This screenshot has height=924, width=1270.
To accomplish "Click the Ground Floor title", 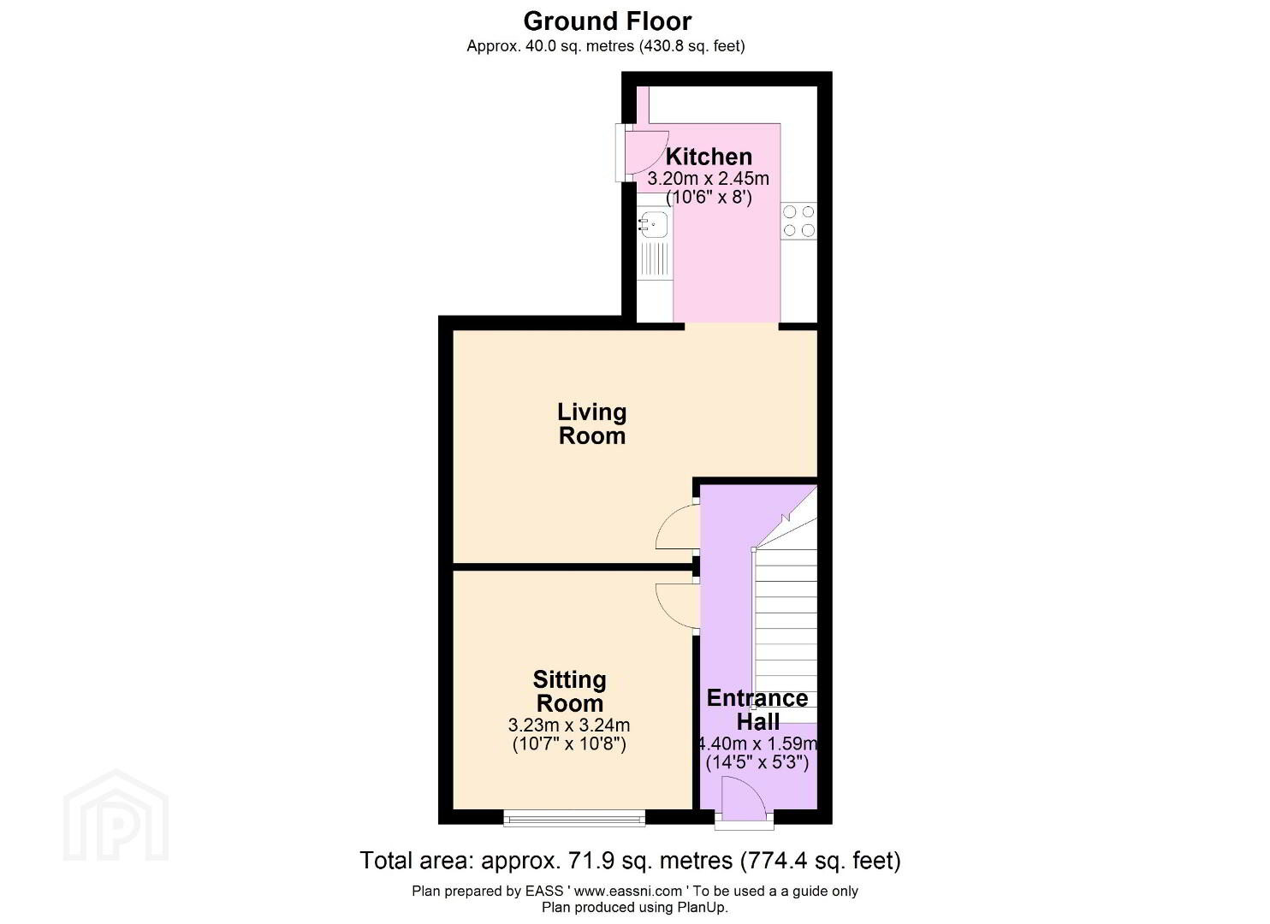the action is [x=608, y=21].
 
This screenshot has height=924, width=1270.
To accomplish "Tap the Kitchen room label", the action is [x=709, y=157].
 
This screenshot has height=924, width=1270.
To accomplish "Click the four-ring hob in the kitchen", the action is [x=798, y=221].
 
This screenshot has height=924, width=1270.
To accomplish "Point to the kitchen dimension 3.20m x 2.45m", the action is [x=708, y=179].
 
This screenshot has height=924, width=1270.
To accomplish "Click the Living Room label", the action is [x=592, y=424].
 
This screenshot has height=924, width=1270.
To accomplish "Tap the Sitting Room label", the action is [x=570, y=691].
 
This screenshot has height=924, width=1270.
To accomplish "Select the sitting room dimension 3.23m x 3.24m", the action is [x=569, y=725].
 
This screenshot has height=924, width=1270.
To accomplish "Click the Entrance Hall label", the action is [x=757, y=710].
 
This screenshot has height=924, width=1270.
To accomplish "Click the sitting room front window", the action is [x=574, y=818].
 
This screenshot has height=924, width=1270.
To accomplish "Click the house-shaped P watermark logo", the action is [x=116, y=816].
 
